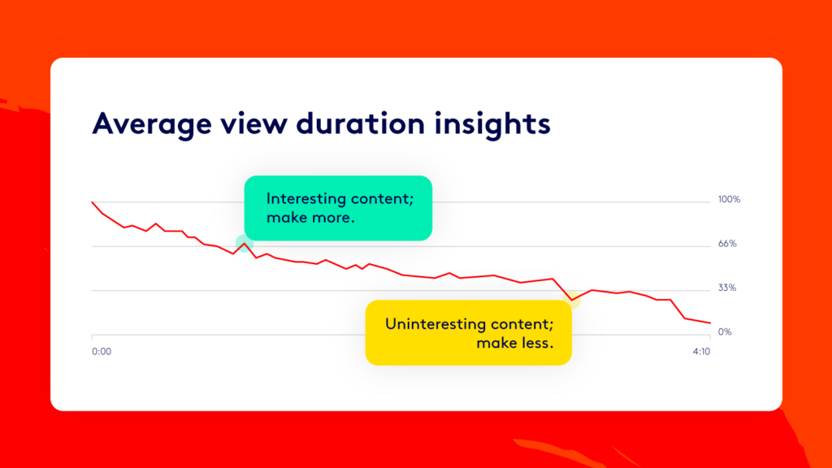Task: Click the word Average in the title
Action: (152, 124)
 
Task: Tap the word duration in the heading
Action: (361, 123)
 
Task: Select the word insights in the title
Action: (492, 124)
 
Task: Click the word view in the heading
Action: (253, 123)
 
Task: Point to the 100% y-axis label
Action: (729, 200)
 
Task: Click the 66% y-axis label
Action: (727, 244)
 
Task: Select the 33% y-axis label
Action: (727, 288)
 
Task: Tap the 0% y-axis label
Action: (724, 331)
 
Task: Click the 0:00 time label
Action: (102, 351)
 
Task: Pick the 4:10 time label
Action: (701, 351)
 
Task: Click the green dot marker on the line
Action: (245, 244)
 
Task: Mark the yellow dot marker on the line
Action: (572, 300)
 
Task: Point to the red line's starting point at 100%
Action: (93, 202)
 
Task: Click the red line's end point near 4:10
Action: (710, 323)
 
